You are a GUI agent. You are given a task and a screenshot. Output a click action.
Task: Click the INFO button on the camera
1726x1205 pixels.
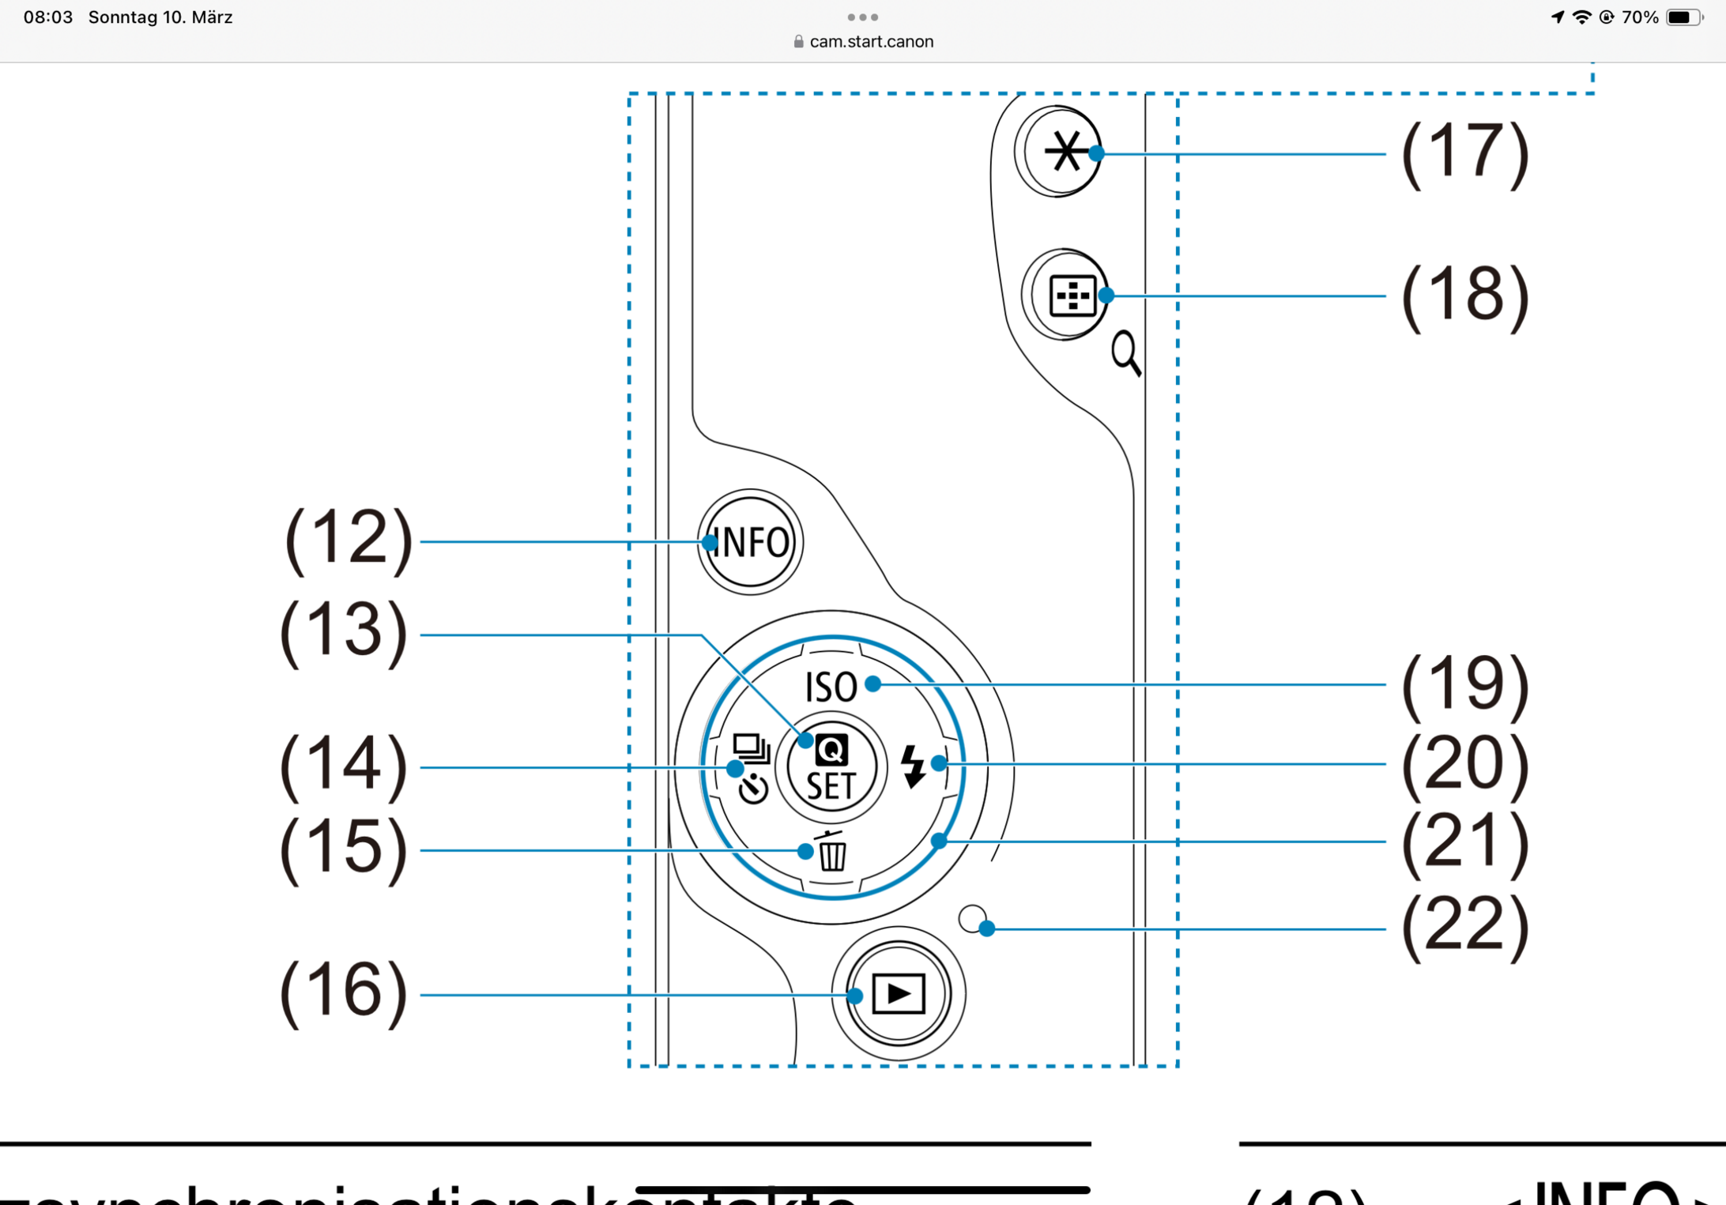coord(750,542)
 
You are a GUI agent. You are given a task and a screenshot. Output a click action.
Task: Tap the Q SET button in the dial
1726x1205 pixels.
coord(831,767)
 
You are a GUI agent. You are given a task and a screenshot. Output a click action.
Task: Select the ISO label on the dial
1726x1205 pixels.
coord(831,687)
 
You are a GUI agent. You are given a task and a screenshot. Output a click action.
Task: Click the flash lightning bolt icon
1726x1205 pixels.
coord(913,765)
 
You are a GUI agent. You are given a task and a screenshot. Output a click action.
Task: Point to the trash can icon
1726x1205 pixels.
coord(832,852)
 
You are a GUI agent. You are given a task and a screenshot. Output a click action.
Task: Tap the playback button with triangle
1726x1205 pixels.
coord(899,993)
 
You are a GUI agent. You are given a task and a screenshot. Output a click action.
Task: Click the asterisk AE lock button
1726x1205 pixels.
coord(1064,152)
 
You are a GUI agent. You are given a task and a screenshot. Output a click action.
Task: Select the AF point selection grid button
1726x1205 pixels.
coord(1071,296)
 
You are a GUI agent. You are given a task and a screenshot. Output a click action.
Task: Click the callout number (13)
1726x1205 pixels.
coord(344,633)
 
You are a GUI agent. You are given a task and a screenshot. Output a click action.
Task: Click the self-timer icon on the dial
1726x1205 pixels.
coord(753,789)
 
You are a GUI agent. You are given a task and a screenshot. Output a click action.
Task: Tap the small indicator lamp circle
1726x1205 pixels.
coord(972,919)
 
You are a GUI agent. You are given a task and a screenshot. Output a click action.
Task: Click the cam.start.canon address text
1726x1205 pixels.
coord(871,42)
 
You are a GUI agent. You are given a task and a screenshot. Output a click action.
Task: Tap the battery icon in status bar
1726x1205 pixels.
coord(1683,17)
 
